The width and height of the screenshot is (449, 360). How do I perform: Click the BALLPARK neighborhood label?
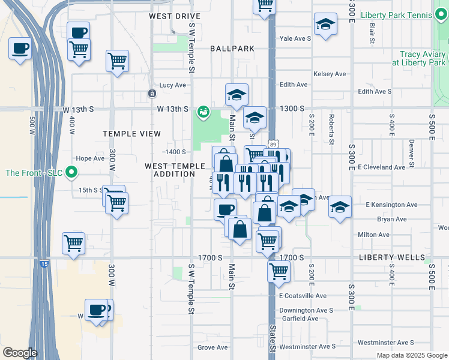[232, 48]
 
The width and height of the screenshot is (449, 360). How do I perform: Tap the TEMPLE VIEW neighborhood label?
[131, 133]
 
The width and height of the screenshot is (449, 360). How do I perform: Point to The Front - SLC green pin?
[72, 173]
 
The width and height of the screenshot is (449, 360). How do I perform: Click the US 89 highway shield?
[273, 145]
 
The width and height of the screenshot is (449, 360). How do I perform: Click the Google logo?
[19, 352]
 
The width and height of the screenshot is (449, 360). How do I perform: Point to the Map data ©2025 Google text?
[412, 355]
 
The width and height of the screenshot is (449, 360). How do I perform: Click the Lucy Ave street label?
[172, 85]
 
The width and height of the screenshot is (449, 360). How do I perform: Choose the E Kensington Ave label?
[391, 205]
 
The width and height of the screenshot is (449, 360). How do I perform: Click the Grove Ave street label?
[212, 347]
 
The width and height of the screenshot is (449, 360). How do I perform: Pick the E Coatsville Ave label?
[303, 296]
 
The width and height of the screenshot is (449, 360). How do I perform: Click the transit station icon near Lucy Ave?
[152, 93]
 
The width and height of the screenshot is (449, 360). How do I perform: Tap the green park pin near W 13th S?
[203, 112]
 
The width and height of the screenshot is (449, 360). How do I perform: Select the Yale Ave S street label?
[295, 38]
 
